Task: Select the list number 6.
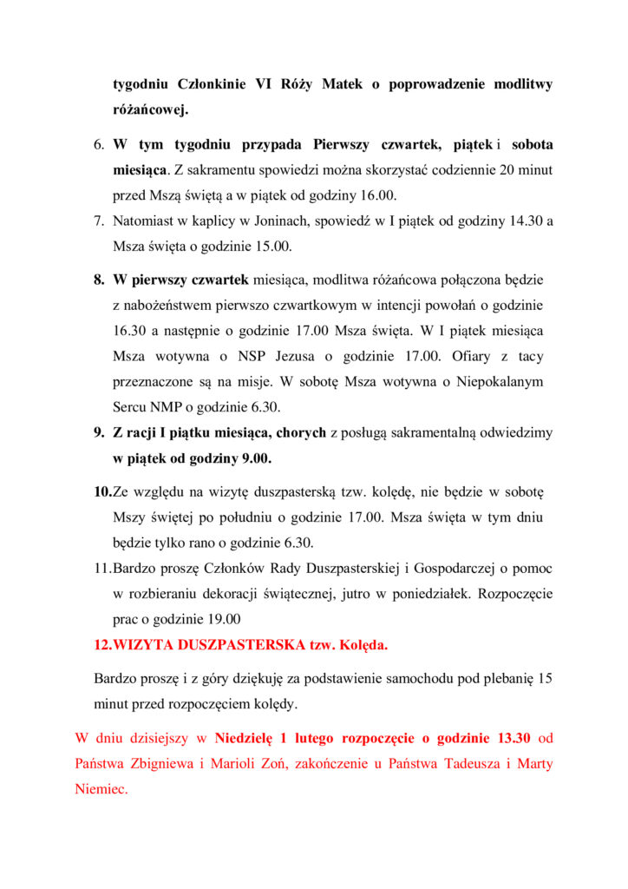pos(99,143)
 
